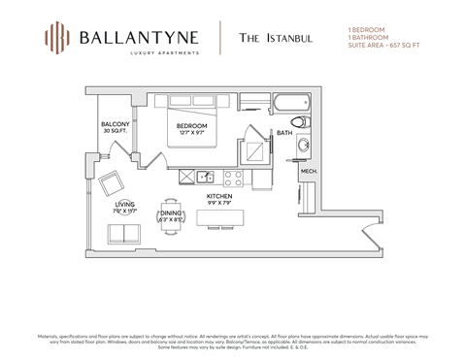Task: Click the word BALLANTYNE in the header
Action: point(139,37)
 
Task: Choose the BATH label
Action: point(284,133)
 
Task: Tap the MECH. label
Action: point(308,171)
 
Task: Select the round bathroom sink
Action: point(303,146)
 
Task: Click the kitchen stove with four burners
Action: point(234,178)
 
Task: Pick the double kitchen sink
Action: point(206,177)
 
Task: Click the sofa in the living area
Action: point(122,234)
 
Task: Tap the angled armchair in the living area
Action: point(111,182)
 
